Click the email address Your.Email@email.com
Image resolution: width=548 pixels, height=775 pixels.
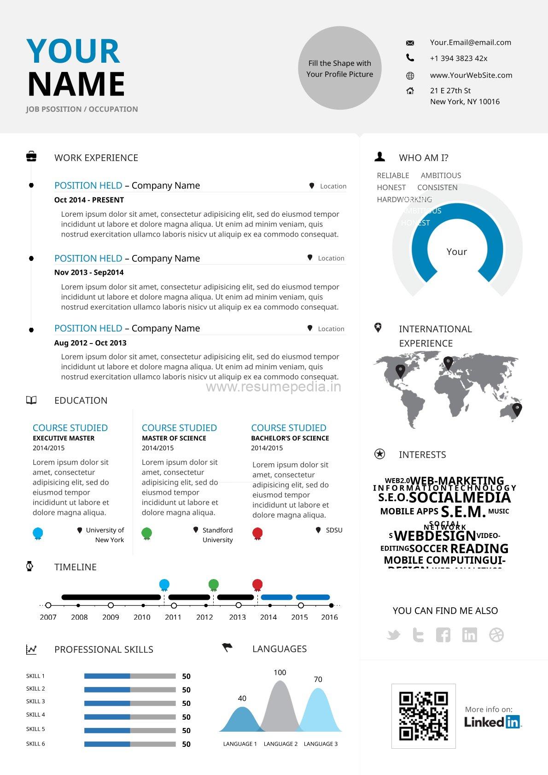point(470,42)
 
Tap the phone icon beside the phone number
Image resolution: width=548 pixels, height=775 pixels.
point(410,58)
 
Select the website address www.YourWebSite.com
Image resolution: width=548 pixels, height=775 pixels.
point(471,75)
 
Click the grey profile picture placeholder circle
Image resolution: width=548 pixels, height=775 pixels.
point(339,68)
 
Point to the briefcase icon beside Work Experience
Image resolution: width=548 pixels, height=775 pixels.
point(31,157)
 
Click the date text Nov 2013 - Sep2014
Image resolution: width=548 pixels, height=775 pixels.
point(89,272)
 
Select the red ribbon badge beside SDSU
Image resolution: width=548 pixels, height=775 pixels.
point(257,534)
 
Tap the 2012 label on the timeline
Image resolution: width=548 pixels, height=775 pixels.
point(204,617)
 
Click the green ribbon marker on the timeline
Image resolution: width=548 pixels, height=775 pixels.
point(213,585)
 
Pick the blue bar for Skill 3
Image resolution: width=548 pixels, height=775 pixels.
point(107,704)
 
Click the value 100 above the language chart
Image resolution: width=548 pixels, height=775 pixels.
point(280,673)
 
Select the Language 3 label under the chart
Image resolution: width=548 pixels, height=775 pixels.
point(321,744)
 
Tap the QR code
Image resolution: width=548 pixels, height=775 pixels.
point(423,716)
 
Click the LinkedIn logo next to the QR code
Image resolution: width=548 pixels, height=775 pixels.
point(492,722)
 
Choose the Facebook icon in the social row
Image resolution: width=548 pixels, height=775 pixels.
point(443,635)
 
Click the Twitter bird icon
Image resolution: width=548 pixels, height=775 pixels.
point(393,635)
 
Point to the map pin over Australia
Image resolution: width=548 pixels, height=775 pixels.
point(517,409)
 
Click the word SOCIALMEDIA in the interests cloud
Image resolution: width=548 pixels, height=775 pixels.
point(460,498)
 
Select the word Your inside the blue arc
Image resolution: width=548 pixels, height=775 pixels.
point(456,252)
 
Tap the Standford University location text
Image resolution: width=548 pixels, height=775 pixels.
point(217,535)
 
